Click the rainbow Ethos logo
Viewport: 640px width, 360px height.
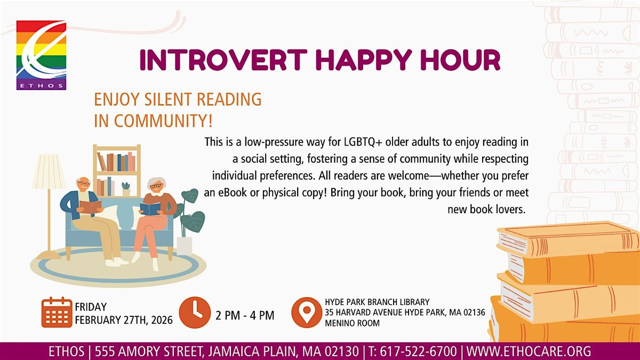[x=42, y=55]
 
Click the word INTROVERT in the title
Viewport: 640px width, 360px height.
[x=223, y=60]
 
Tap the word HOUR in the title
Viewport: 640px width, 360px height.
[x=460, y=60]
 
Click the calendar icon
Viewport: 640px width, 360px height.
[x=57, y=312]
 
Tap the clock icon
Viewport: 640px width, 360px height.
[x=195, y=313]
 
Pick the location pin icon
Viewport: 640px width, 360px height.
[x=307, y=313]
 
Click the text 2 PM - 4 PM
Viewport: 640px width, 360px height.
[x=245, y=315]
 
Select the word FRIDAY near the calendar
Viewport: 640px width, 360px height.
[x=91, y=307]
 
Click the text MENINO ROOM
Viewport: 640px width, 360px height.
[x=353, y=323]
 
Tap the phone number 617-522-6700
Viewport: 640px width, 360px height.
[x=418, y=351]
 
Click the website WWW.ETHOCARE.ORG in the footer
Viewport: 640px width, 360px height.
[x=529, y=351]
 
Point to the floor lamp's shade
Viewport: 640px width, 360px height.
[x=49, y=171]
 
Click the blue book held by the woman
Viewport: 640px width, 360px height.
[x=150, y=209]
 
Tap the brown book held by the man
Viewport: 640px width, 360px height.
[x=90, y=206]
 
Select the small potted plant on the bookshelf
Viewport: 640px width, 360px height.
[x=126, y=189]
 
